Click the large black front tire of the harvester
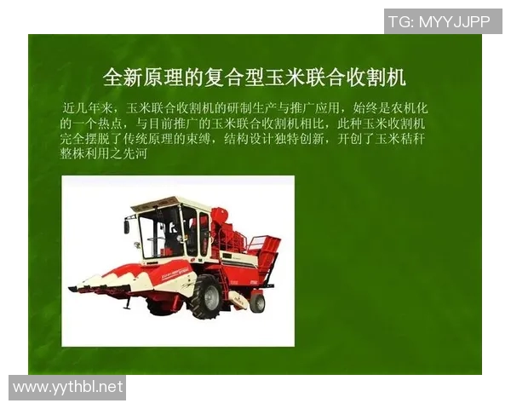204,299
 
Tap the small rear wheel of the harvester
257,302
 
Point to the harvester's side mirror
127,228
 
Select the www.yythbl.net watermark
67,388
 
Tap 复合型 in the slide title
235,79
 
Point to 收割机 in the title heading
377,79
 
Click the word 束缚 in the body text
218,139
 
